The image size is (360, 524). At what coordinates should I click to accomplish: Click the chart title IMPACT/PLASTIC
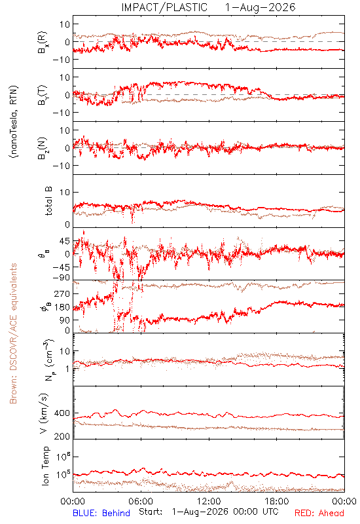pos(164,7)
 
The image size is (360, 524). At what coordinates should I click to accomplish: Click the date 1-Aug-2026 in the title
pos(260,7)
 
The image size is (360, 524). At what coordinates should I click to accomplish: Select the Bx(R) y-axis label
pos(43,43)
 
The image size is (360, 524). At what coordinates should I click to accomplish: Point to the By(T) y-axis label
pos(43,95)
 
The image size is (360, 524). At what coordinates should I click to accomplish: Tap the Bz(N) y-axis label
pos(43,148)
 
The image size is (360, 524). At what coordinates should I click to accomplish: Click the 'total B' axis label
pos(48,201)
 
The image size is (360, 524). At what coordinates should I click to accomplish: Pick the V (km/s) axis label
pos(44,413)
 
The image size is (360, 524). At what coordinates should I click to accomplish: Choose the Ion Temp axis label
pos(45,466)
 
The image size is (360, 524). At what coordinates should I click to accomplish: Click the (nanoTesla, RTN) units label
pos(14,122)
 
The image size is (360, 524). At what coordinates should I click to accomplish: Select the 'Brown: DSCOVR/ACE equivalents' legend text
pos(13,333)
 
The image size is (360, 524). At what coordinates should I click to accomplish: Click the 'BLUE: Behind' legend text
pos(101,513)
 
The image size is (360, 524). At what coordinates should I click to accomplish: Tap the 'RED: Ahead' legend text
pos(319,513)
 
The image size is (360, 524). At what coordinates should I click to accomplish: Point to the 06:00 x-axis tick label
pos(141,501)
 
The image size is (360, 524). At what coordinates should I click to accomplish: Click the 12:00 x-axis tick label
pos(209,501)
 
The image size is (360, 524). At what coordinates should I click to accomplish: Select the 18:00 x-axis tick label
pos(277,501)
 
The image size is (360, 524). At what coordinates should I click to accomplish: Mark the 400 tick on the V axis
pos(62,413)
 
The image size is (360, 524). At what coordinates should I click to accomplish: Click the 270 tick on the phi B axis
pos(62,293)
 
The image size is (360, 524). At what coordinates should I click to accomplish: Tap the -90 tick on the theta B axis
pos(61,278)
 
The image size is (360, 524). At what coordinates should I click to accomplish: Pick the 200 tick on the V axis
pos(62,436)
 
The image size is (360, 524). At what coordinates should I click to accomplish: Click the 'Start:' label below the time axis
pos(151,512)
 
